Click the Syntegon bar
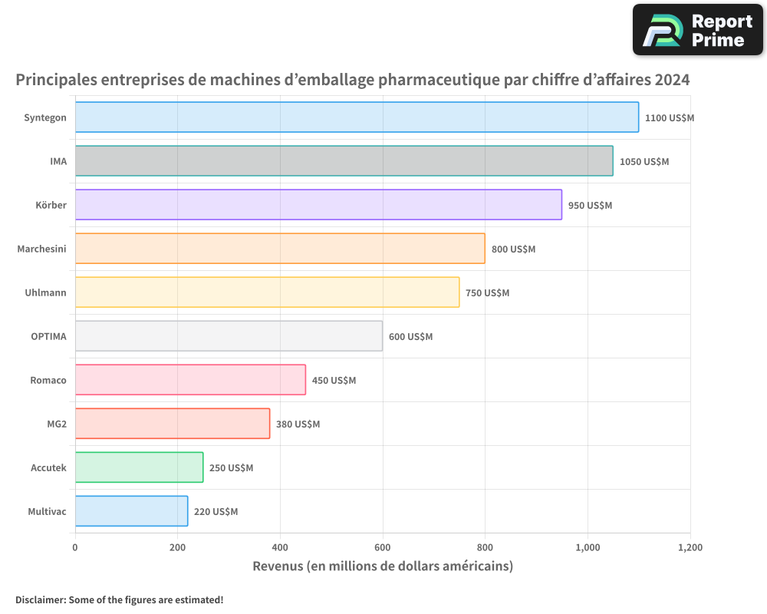(357, 117)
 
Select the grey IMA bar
(344, 161)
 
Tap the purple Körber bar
(318, 205)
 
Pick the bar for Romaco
(190, 380)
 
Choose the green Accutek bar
(139, 467)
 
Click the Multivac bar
(131, 511)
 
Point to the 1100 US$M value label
(669, 118)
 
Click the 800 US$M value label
(513, 249)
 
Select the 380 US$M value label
(298, 424)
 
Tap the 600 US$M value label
(410, 337)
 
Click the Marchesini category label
(41, 249)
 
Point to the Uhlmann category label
(45, 292)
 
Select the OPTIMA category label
(48, 336)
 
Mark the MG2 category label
(56, 424)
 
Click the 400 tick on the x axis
(280, 548)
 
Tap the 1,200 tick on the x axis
(690, 548)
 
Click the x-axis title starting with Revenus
(382, 566)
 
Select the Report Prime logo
(697, 30)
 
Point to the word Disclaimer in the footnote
(40, 599)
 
